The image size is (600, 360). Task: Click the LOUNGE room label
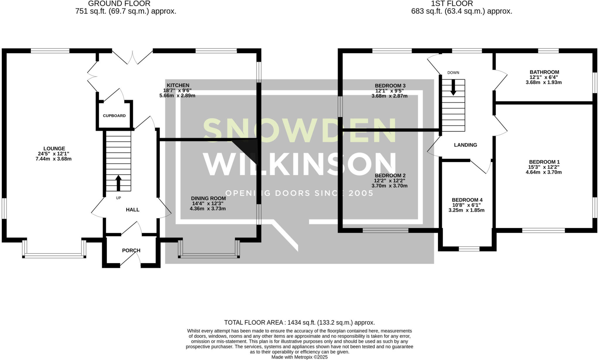click(x=54, y=149)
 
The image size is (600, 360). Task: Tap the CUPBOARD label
click(x=114, y=116)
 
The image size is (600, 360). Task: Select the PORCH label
click(x=131, y=250)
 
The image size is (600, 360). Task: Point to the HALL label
click(x=133, y=210)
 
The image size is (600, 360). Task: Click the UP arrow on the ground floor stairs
click(x=118, y=183)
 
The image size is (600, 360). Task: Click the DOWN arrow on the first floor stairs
click(x=453, y=87)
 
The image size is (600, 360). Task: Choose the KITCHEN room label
click(x=178, y=85)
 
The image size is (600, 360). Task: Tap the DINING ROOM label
click(x=208, y=198)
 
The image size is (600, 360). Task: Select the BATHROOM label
click(x=544, y=72)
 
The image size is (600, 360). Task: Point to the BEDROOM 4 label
click(x=467, y=200)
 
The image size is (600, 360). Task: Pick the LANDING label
click(x=466, y=145)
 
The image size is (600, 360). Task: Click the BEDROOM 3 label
click(x=390, y=86)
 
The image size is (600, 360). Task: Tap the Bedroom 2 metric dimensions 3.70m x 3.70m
click(x=390, y=186)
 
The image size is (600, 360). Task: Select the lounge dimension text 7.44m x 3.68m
click(x=54, y=159)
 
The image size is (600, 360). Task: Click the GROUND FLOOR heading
click(x=119, y=4)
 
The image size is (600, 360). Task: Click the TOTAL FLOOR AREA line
click(x=299, y=323)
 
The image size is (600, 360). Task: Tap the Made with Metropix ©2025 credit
click(x=299, y=357)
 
